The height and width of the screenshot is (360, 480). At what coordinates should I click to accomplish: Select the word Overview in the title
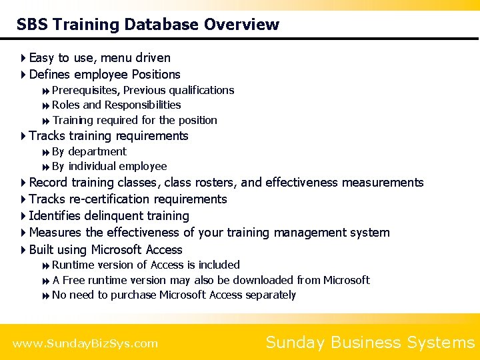pyautogui.click(x=242, y=25)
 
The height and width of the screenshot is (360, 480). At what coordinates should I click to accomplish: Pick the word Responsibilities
pyautogui.click(x=143, y=105)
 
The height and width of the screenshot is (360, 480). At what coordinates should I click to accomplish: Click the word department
pyautogui.click(x=97, y=151)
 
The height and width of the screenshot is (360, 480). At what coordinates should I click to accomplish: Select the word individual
pyautogui.click(x=96, y=166)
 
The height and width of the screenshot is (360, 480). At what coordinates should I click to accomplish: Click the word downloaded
pyautogui.click(x=261, y=280)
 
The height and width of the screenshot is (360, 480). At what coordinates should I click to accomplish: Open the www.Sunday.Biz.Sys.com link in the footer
pyautogui.click(x=85, y=344)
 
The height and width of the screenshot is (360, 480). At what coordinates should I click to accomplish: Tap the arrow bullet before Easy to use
pyautogui.click(x=23, y=58)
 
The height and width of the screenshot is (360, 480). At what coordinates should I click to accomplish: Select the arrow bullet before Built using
pyautogui.click(x=23, y=250)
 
